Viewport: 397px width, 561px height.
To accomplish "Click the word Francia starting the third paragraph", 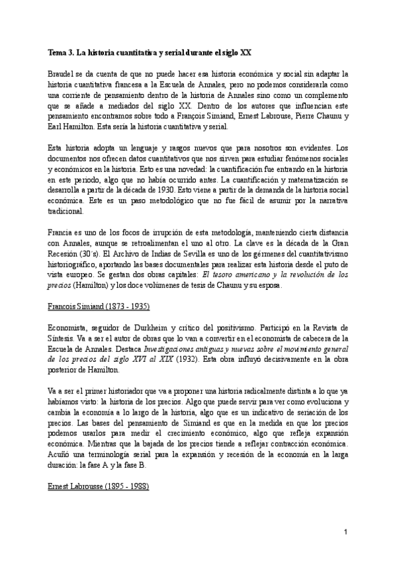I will [x=62, y=232].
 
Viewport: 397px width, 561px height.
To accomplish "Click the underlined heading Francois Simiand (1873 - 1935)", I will [x=99, y=306].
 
